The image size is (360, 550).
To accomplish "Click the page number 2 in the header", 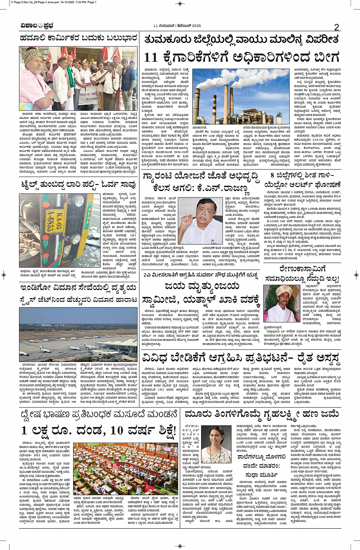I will click(x=336, y=27).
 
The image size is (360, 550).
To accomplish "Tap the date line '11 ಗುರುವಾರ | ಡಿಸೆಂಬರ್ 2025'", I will click(x=177, y=26).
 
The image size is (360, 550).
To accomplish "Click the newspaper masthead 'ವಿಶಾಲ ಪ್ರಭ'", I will click(x=37, y=26).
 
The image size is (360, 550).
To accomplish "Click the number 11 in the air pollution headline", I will click(x=151, y=57).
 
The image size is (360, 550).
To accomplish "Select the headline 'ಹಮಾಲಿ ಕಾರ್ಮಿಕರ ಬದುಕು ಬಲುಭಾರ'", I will click(x=78, y=38).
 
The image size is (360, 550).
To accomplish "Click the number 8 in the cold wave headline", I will click(x=272, y=175).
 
